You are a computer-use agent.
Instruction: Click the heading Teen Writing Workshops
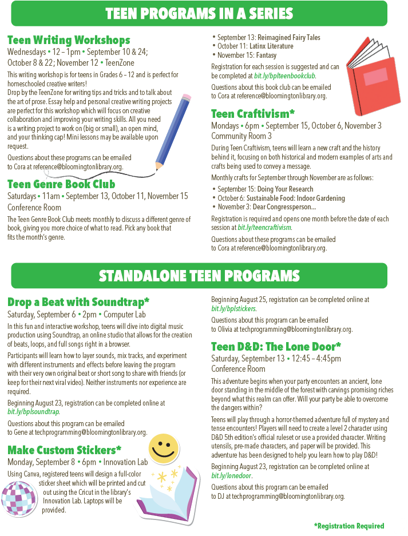click(x=69, y=40)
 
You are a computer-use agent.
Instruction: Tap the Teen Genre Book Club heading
click(x=61, y=184)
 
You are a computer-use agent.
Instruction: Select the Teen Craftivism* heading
click(x=253, y=114)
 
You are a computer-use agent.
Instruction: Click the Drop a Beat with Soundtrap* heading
click(x=78, y=301)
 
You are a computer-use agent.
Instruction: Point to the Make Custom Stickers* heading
click(x=64, y=450)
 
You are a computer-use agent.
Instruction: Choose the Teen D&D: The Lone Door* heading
click(x=276, y=346)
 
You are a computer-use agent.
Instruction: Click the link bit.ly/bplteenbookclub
click(x=284, y=76)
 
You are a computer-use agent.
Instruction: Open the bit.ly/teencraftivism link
click(x=264, y=227)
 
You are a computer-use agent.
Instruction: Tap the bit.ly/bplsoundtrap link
click(x=33, y=411)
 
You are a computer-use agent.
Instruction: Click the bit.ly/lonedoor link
click(x=232, y=475)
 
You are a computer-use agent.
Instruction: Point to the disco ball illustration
click(x=19, y=497)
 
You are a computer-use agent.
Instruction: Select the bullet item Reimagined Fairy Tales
click(x=269, y=38)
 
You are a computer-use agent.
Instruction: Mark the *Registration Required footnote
click(x=349, y=526)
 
